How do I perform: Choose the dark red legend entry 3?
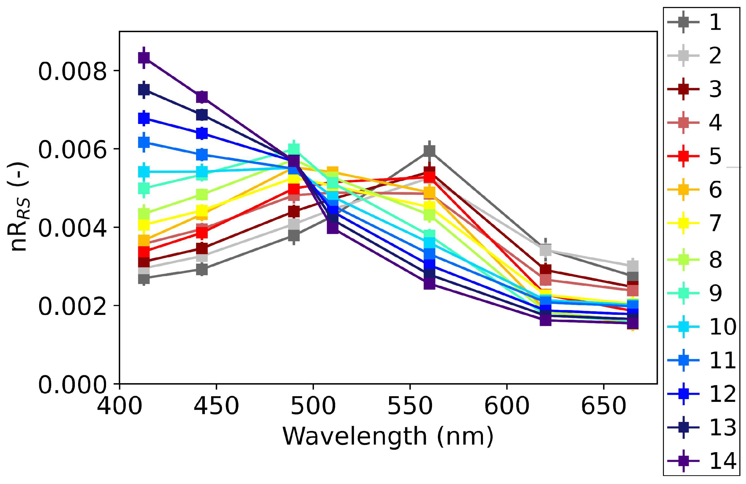tap(699, 89)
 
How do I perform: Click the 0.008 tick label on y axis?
tap(72, 72)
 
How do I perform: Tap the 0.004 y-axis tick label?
tap(72, 228)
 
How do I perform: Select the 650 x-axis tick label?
tap(603, 406)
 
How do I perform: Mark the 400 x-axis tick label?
tap(119, 406)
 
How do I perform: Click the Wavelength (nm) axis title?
tap(388, 436)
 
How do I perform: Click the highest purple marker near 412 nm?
tap(144, 58)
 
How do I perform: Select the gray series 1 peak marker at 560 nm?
tap(429, 151)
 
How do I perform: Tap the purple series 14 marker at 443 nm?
tap(202, 97)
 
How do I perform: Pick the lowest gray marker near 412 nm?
tap(144, 278)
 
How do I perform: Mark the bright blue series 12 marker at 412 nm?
tap(144, 118)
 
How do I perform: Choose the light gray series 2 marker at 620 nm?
tap(545, 250)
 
